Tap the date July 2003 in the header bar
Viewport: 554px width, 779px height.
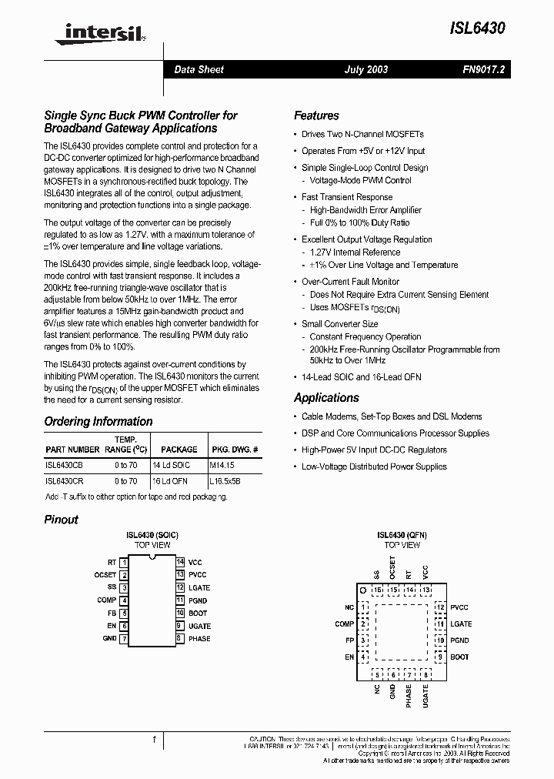pos(365,69)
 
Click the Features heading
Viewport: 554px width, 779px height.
pos(316,115)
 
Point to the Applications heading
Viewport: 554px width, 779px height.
pos(326,398)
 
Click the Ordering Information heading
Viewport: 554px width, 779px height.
pos(98,422)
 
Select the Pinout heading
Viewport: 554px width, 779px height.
pos(62,520)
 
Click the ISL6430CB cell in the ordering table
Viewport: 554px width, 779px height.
pos(65,466)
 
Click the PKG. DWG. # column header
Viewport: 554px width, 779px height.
pos(234,449)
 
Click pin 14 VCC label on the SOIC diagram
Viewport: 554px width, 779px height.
pos(195,562)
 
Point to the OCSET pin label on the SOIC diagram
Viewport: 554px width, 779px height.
pos(105,575)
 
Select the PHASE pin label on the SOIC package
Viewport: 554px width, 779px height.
pos(199,639)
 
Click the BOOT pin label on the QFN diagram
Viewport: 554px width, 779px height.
pos(459,657)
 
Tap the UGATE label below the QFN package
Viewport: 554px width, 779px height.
pos(426,695)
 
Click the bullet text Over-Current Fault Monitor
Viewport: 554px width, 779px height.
pos(350,282)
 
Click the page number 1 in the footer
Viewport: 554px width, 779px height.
pos(154,740)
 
